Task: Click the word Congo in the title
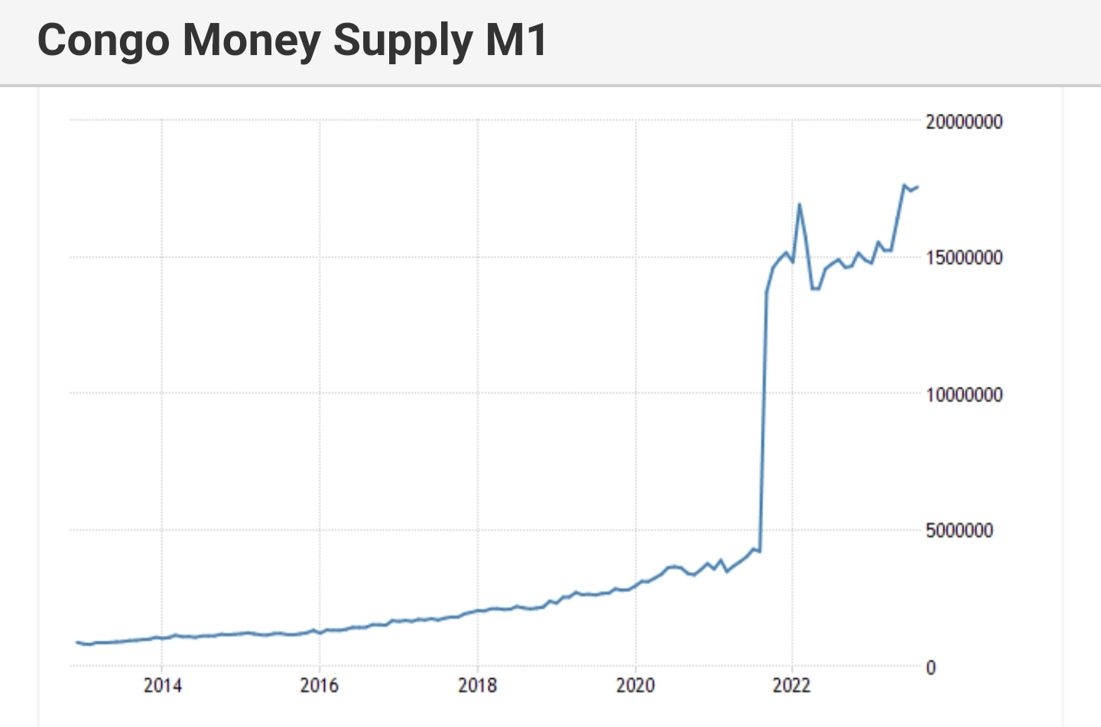point(102,41)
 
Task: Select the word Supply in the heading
point(403,41)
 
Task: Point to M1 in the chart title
point(517,41)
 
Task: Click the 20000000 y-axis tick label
point(963,122)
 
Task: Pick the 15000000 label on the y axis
point(963,258)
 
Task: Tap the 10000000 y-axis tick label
point(963,394)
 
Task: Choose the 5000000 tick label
point(959,531)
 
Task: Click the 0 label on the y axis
point(930,667)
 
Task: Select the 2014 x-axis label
point(162,685)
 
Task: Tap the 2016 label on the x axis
point(320,685)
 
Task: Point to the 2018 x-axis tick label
point(478,685)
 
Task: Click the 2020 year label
point(635,685)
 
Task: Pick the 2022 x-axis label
point(792,685)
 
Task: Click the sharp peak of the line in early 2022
point(799,204)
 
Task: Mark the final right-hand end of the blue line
point(917,187)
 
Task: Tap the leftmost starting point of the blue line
point(76,642)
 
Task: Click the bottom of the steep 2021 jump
point(759,550)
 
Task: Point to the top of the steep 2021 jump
point(766,292)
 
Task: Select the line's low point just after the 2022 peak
point(813,289)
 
